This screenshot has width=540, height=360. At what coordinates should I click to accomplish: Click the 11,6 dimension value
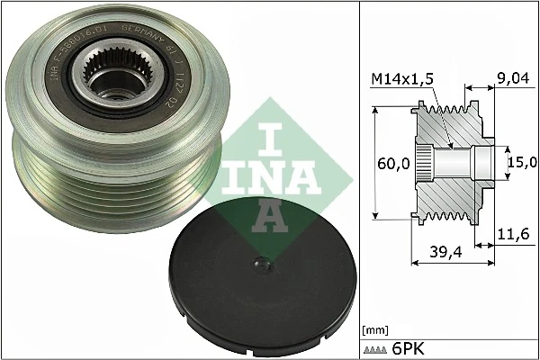(511, 235)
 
